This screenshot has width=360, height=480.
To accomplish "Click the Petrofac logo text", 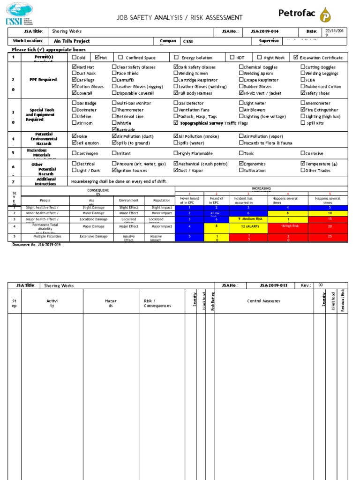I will pyautogui.click(x=297, y=13).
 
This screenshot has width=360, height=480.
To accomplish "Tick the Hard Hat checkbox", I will pyautogui.click(x=74, y=67).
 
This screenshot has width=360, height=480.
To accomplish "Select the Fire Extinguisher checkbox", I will pyautogui.click(x=302, y=110).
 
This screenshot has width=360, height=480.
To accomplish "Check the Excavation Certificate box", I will pyautogui.click(x=295, y=58).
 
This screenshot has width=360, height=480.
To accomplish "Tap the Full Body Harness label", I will pyautogui.click(x=195, y=93).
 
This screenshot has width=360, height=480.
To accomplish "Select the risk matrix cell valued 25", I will pyautogui.click(x=330, y=237).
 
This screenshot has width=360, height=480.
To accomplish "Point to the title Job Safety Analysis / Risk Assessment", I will pyautogui.click(x=180, y=18).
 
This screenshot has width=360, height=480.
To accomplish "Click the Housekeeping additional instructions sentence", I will pyautogui.click(x=119, y=181).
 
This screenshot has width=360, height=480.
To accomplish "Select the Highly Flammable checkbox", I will pyautogui.click(x=176, y=153).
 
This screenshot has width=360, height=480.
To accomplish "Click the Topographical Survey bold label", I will pyautogui.click(x=198, y=123).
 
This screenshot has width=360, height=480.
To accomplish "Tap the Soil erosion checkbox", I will pyautogui.click(x=74, y=143).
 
